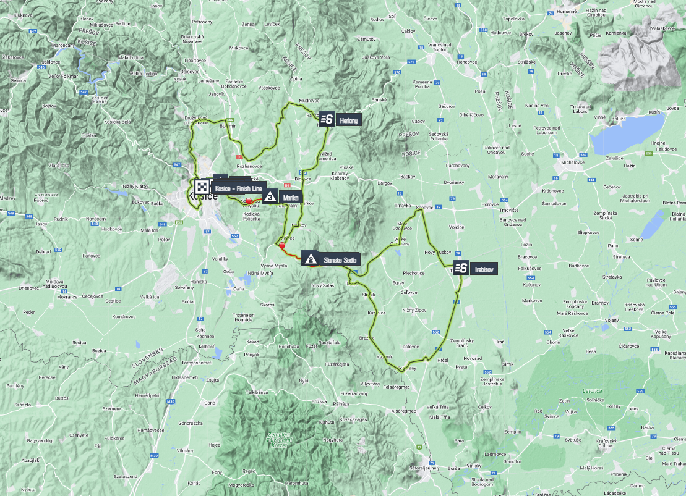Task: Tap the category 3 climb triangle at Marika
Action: [270, 198]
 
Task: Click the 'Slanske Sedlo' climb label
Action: [340, 260]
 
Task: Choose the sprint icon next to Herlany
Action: [328, 120]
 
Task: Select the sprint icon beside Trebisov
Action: [461, 269]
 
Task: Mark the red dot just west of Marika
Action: [249, 201]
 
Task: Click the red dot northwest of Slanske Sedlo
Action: [282, 245]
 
